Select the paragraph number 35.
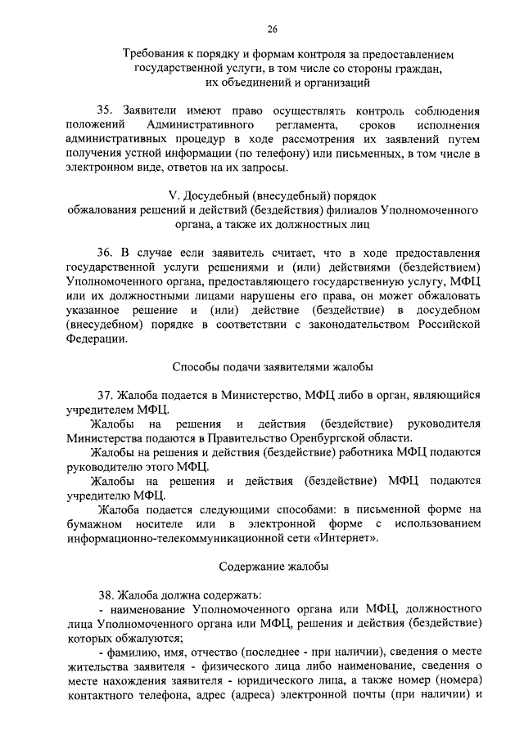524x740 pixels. click(105, 110)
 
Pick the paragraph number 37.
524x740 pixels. click(105, 395)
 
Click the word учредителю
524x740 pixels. click(94, 496)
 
